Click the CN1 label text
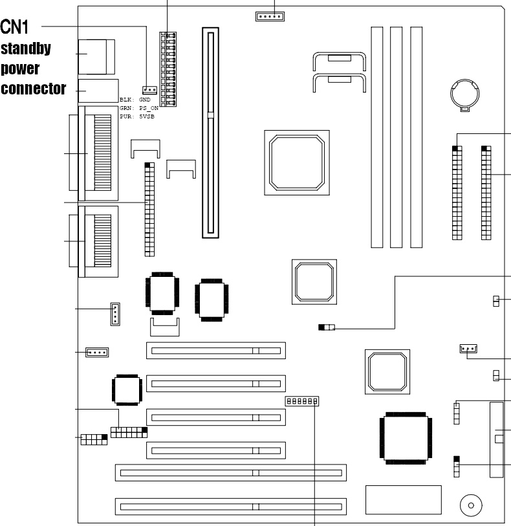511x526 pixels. [x=14, y=27]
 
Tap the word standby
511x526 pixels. [x=26, y=49]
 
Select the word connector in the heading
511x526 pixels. [x=33, y=89]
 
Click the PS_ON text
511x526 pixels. [x=149, y=108]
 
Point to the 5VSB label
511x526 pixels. [x=147, y=116]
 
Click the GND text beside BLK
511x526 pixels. [x=145, y=100]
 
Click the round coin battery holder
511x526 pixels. [x=464, y=94]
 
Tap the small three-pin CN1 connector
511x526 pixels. [x=149, y=90]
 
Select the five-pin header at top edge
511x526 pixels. [x=270, y=16]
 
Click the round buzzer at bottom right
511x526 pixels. [x=471, y=505]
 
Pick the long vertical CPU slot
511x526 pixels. [x=211, y=133]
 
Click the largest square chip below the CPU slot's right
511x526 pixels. [x=297, y=162]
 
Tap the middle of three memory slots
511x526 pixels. [x=396, y=137]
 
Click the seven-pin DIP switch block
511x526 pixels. [x=302, y=401]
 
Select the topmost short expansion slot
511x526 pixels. [x=216, y=351]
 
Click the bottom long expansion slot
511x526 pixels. [x=231, y=507]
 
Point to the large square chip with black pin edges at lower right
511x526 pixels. [x=406, y=438]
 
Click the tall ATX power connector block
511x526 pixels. [x=168, y=69]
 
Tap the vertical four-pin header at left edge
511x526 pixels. [x=115, y=314]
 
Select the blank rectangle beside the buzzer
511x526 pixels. [x=404, y=499]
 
